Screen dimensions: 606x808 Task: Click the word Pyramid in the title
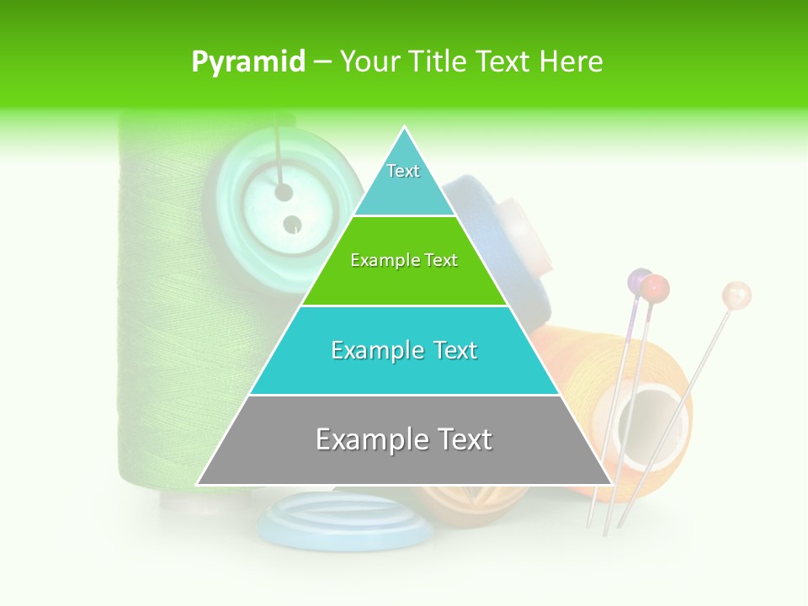[x=248, y=62]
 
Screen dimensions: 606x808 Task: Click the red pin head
[x=655, y=289]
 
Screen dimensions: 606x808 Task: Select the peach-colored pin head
[x=736, y=295]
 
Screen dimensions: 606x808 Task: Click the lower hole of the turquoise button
[x=291, y=225]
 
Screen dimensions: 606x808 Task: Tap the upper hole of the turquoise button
[x=284, y=193]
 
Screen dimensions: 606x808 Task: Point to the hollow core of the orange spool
[x=643, y=417]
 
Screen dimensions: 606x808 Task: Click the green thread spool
[x=160, y=320]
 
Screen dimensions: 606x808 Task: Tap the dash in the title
[x=322, y=62]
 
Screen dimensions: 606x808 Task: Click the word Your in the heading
[x=368, y=62]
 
